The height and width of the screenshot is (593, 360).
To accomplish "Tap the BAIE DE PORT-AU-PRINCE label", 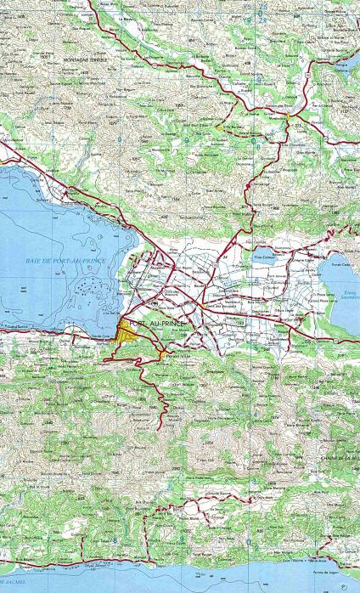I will (65, 261).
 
